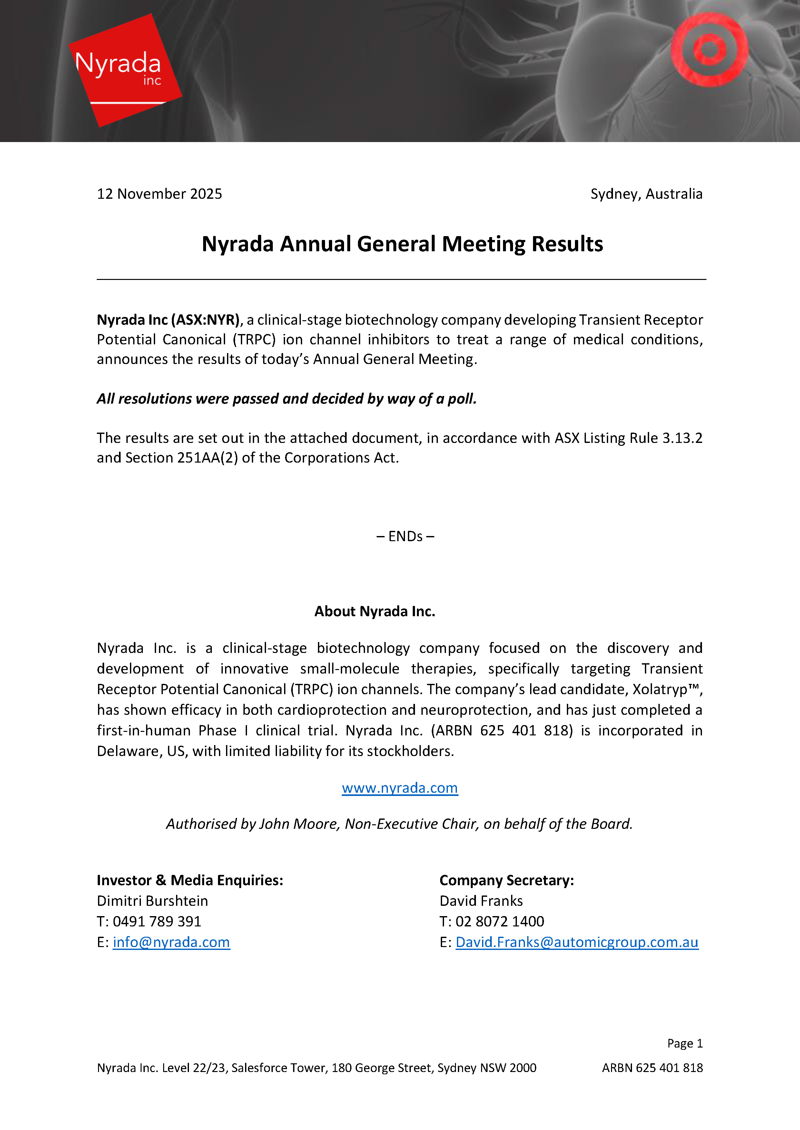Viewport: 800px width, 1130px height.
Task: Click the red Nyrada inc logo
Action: pos(124,70)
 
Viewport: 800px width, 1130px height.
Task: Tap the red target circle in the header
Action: pos(709,49)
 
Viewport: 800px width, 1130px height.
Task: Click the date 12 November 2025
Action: pos(159,194)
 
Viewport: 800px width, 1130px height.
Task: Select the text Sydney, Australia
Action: pos(646,194)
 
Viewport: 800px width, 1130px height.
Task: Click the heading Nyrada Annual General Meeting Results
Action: pos(402,244)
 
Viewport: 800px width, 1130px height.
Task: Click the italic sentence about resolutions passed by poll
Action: pos(286,399)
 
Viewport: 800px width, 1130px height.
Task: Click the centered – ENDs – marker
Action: pos(405,536)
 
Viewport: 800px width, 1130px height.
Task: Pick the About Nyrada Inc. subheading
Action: pos(374,611)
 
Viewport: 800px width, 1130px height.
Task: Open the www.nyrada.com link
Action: pos(400,788)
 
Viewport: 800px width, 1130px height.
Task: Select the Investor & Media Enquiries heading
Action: pos(190,880)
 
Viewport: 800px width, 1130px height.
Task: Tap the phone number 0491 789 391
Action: pos(157,921)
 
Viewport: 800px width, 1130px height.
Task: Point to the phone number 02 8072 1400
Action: pos(499,921)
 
